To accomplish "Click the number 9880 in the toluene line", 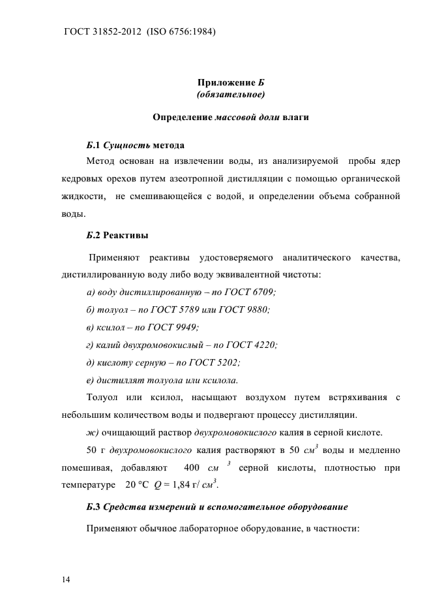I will coord(256,309).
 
